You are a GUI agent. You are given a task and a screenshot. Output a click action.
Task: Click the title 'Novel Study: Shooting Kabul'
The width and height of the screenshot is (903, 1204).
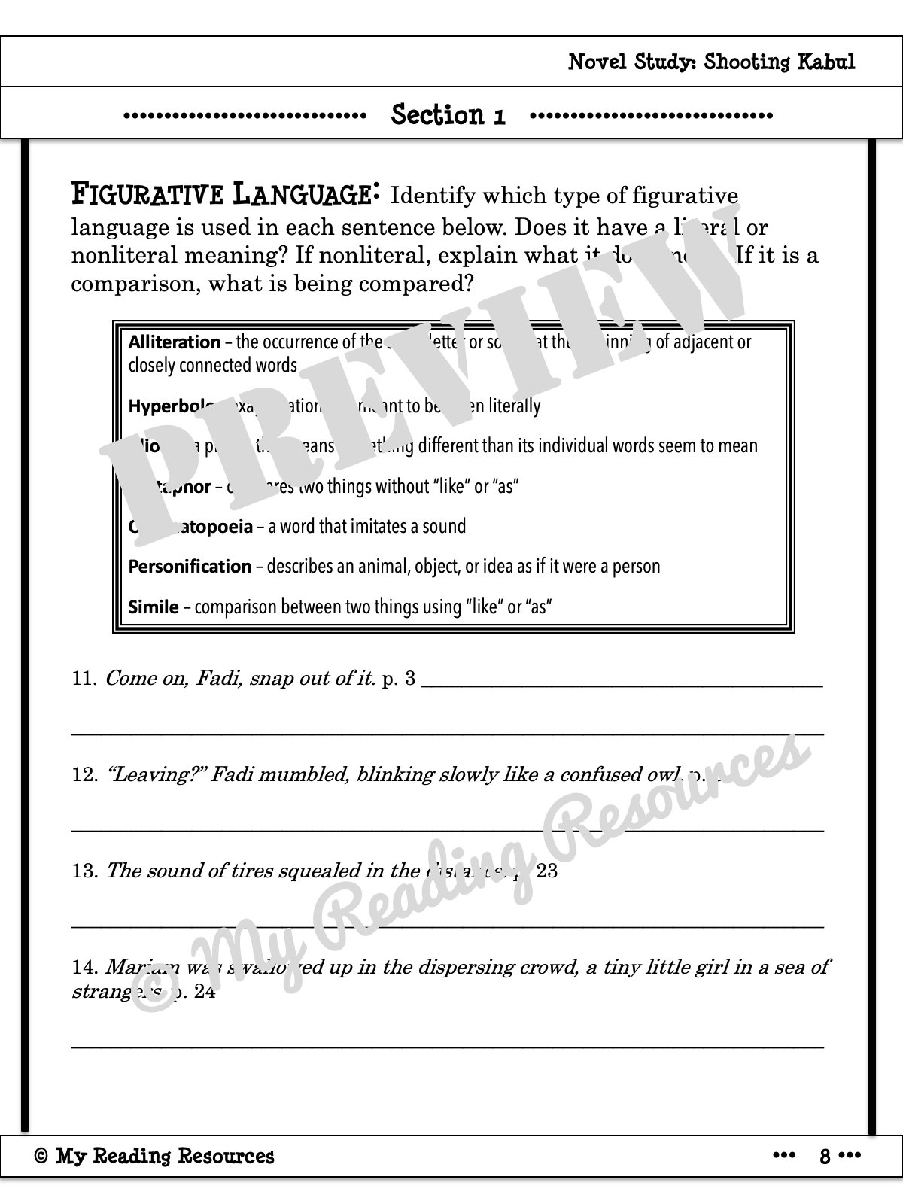click(x=711, y=62)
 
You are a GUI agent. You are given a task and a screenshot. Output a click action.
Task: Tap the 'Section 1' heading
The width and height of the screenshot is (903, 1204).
click(x=448, y=115)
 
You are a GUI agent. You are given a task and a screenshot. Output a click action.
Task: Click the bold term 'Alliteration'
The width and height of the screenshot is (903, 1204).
click(x=175, y=342)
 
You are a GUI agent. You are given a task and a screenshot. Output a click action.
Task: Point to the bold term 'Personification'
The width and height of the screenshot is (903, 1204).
click(x=190, y=566)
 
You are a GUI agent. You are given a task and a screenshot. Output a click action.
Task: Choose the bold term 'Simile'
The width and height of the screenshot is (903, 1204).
click(x=154, y=607)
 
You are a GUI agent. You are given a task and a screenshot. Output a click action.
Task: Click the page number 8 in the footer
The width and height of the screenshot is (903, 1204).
click(x=825, y=1157)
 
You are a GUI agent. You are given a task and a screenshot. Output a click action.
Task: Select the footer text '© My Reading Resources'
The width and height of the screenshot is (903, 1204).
click(x=154, y=1156)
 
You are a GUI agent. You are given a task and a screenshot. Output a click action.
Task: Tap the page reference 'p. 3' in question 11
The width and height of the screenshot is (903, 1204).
click(x=399, y=679)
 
